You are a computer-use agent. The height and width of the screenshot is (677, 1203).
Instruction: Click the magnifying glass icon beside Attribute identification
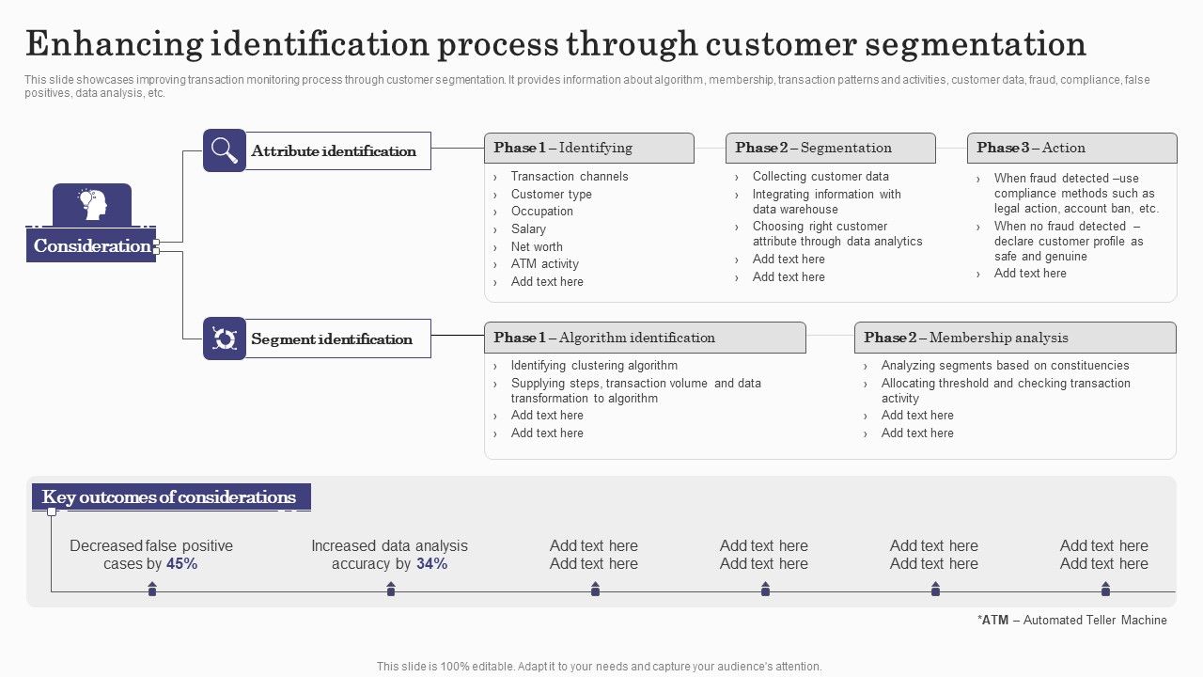[x=225, y=150]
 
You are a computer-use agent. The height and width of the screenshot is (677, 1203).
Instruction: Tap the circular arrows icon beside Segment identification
[x=225, y=338]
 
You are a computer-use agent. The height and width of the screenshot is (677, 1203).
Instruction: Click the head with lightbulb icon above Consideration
[x=92, y=204]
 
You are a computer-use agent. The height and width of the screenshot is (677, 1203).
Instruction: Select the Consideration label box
[x=91, y=246]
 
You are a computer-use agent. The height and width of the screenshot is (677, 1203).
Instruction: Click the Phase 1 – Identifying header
[x=589, y=149]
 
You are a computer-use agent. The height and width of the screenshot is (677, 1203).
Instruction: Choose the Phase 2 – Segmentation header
[x=830, y=149]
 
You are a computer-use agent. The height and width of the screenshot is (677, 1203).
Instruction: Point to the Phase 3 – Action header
[x=1071, y=149]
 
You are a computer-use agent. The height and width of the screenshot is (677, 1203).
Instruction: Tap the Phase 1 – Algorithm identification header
[x=645, y=338]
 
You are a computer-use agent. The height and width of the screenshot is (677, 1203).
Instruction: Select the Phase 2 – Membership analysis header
[x=1015, y=338]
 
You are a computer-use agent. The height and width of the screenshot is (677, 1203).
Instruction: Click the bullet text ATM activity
[x=544, y=264]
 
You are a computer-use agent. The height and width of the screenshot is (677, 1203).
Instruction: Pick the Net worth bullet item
[x=537, y=247]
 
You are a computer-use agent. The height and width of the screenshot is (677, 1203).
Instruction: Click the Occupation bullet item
[x=541, y=212]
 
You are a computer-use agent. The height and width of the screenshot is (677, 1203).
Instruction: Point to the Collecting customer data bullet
[x=820, y=177]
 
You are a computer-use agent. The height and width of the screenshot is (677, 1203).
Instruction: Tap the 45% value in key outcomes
[x=181, y=564]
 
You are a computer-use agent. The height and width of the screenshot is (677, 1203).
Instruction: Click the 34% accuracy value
[x=431, y=564]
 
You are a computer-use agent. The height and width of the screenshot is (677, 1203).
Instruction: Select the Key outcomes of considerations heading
[x=170, y=497]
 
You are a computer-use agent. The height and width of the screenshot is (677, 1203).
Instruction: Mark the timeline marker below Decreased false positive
[x=152, y=590]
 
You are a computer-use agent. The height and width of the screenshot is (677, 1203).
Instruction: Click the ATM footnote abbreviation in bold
[x=995, y=621]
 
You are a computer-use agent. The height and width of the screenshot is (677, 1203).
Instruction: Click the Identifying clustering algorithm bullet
[x=594, y=366]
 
